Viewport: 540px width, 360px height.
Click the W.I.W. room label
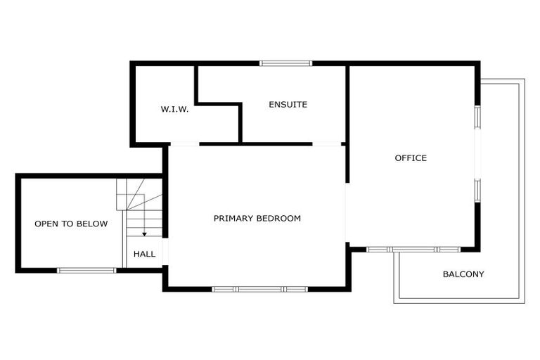(174, 110)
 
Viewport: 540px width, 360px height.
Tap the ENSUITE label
(288, 105)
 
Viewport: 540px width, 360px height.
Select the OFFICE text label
(411, 158)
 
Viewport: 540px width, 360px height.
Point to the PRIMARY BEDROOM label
(257, 219)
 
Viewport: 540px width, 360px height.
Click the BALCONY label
(463, 274)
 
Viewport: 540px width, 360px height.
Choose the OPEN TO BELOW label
(71, 224)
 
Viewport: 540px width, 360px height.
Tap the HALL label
(144, 254)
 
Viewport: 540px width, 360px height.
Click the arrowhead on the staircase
(144, 233)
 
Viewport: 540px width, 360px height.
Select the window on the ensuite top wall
(285, 64)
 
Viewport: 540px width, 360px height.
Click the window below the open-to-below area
(86, 270)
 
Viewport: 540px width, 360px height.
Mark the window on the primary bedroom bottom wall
(260, 288)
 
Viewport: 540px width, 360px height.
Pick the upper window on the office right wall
(477, 117)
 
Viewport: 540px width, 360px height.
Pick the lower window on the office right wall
(477, 191)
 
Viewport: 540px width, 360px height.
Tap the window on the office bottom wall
(413, 249)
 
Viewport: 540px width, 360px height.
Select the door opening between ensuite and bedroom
(327, 145)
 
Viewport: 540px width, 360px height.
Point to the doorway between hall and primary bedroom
(166, 254)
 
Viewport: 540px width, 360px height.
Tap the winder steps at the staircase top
(139, 193)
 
